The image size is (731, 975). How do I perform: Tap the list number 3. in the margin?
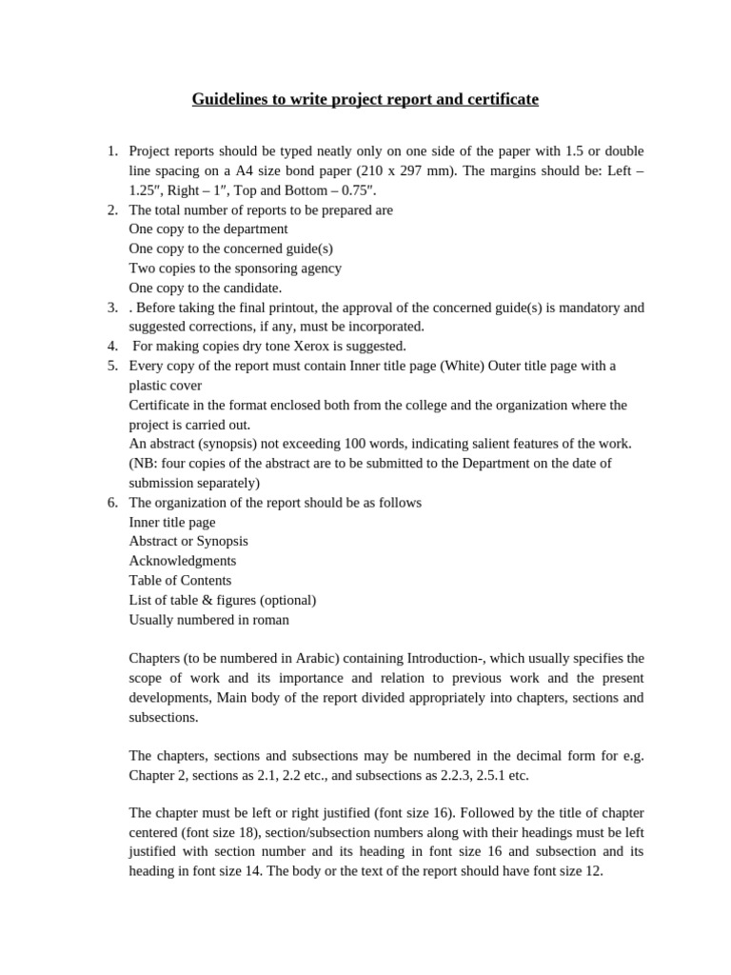pos(111,308)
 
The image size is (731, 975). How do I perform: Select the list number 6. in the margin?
pos(111,503)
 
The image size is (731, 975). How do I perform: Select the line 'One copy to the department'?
pos(208,229)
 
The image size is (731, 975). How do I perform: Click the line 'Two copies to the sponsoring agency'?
pos(235,269)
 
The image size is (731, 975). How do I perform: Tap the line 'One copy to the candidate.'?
pos(206,289)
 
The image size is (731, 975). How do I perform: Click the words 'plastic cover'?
pos(165,386)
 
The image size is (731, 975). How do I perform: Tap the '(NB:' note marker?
pos(146,464)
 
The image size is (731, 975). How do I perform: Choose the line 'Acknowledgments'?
pos(183,561)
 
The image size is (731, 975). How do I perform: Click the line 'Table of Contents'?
pos(180,580)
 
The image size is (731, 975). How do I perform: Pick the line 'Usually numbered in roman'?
pos(209,620)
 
